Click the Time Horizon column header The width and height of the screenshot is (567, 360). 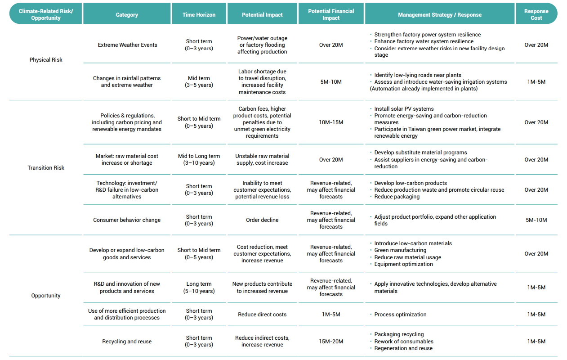click(199, 15)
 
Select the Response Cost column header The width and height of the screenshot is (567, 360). click(536, 14)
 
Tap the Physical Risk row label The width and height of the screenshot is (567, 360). click(46, 60)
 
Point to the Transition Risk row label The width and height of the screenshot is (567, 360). click(46, 168)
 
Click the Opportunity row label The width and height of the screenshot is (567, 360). click(46, 295)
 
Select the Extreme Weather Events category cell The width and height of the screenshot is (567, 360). click(127, 45)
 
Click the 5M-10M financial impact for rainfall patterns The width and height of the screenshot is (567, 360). click(331, 82)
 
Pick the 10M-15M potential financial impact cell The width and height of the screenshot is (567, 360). click(331, 122)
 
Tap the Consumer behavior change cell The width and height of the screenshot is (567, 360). click(127, 220)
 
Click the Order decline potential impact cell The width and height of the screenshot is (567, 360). click(262, 220)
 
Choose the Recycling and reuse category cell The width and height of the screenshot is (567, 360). click(127, 341)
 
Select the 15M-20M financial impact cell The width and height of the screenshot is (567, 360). click(331, 341)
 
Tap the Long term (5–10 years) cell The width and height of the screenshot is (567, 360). click(199, 287)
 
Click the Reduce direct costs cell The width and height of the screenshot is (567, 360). click(262, 315)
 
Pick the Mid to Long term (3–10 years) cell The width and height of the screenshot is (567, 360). click(199, 159)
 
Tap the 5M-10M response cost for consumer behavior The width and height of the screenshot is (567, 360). click(536, 220)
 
